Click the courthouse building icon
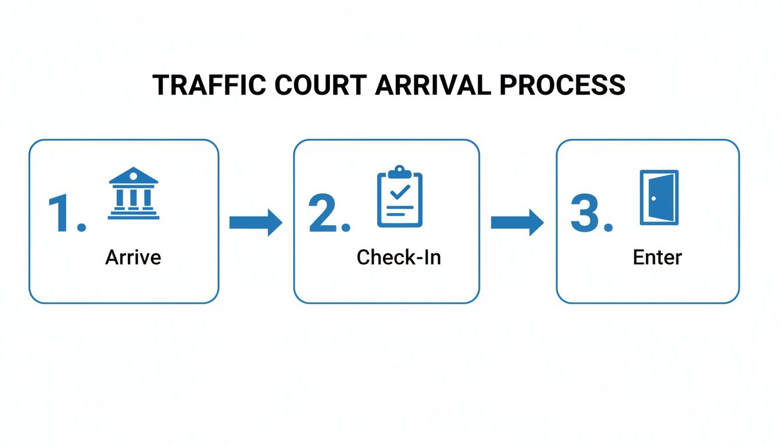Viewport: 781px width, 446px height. click(x=134, y=194)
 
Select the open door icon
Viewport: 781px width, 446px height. click(x=659, y=197)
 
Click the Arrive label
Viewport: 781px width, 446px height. click(x=133, y=257)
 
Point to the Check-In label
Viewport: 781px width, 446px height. click(x=399, y=257)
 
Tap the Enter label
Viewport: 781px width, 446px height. click(x=657, y=257)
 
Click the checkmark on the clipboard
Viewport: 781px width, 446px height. click(x=400, y=192)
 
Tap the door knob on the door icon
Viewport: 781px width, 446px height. click(x=653, y=199)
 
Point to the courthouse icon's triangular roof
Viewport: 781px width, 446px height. click(x=134, y=175)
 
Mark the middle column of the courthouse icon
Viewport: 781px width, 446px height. click(x=134, y=197)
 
